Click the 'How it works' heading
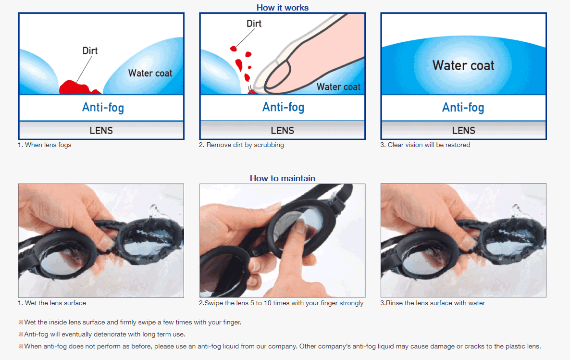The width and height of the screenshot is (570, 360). click(283, 8)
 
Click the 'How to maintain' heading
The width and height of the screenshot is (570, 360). click(283, 178)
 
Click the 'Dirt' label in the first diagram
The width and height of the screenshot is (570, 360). click(90, 50)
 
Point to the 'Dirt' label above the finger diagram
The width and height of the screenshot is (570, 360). click(254, 24)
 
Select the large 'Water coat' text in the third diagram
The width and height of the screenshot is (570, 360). click(463, 65)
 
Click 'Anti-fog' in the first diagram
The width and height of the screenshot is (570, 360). click(103, 108)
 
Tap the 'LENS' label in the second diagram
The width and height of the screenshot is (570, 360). click(283, 131)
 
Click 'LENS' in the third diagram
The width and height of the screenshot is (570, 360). click(463, 131)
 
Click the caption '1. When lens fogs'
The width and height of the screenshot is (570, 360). click(45, 145)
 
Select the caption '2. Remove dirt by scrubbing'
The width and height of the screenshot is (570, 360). click(241, 145)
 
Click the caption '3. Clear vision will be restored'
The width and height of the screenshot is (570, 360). click(425, 145)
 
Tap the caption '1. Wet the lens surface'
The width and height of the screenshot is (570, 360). click(52, 303)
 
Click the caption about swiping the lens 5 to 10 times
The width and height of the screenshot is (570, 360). click(281, 303)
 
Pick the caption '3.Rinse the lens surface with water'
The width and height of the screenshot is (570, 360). click(433, 303)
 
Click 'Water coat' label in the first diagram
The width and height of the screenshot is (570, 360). click(150, 73)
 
